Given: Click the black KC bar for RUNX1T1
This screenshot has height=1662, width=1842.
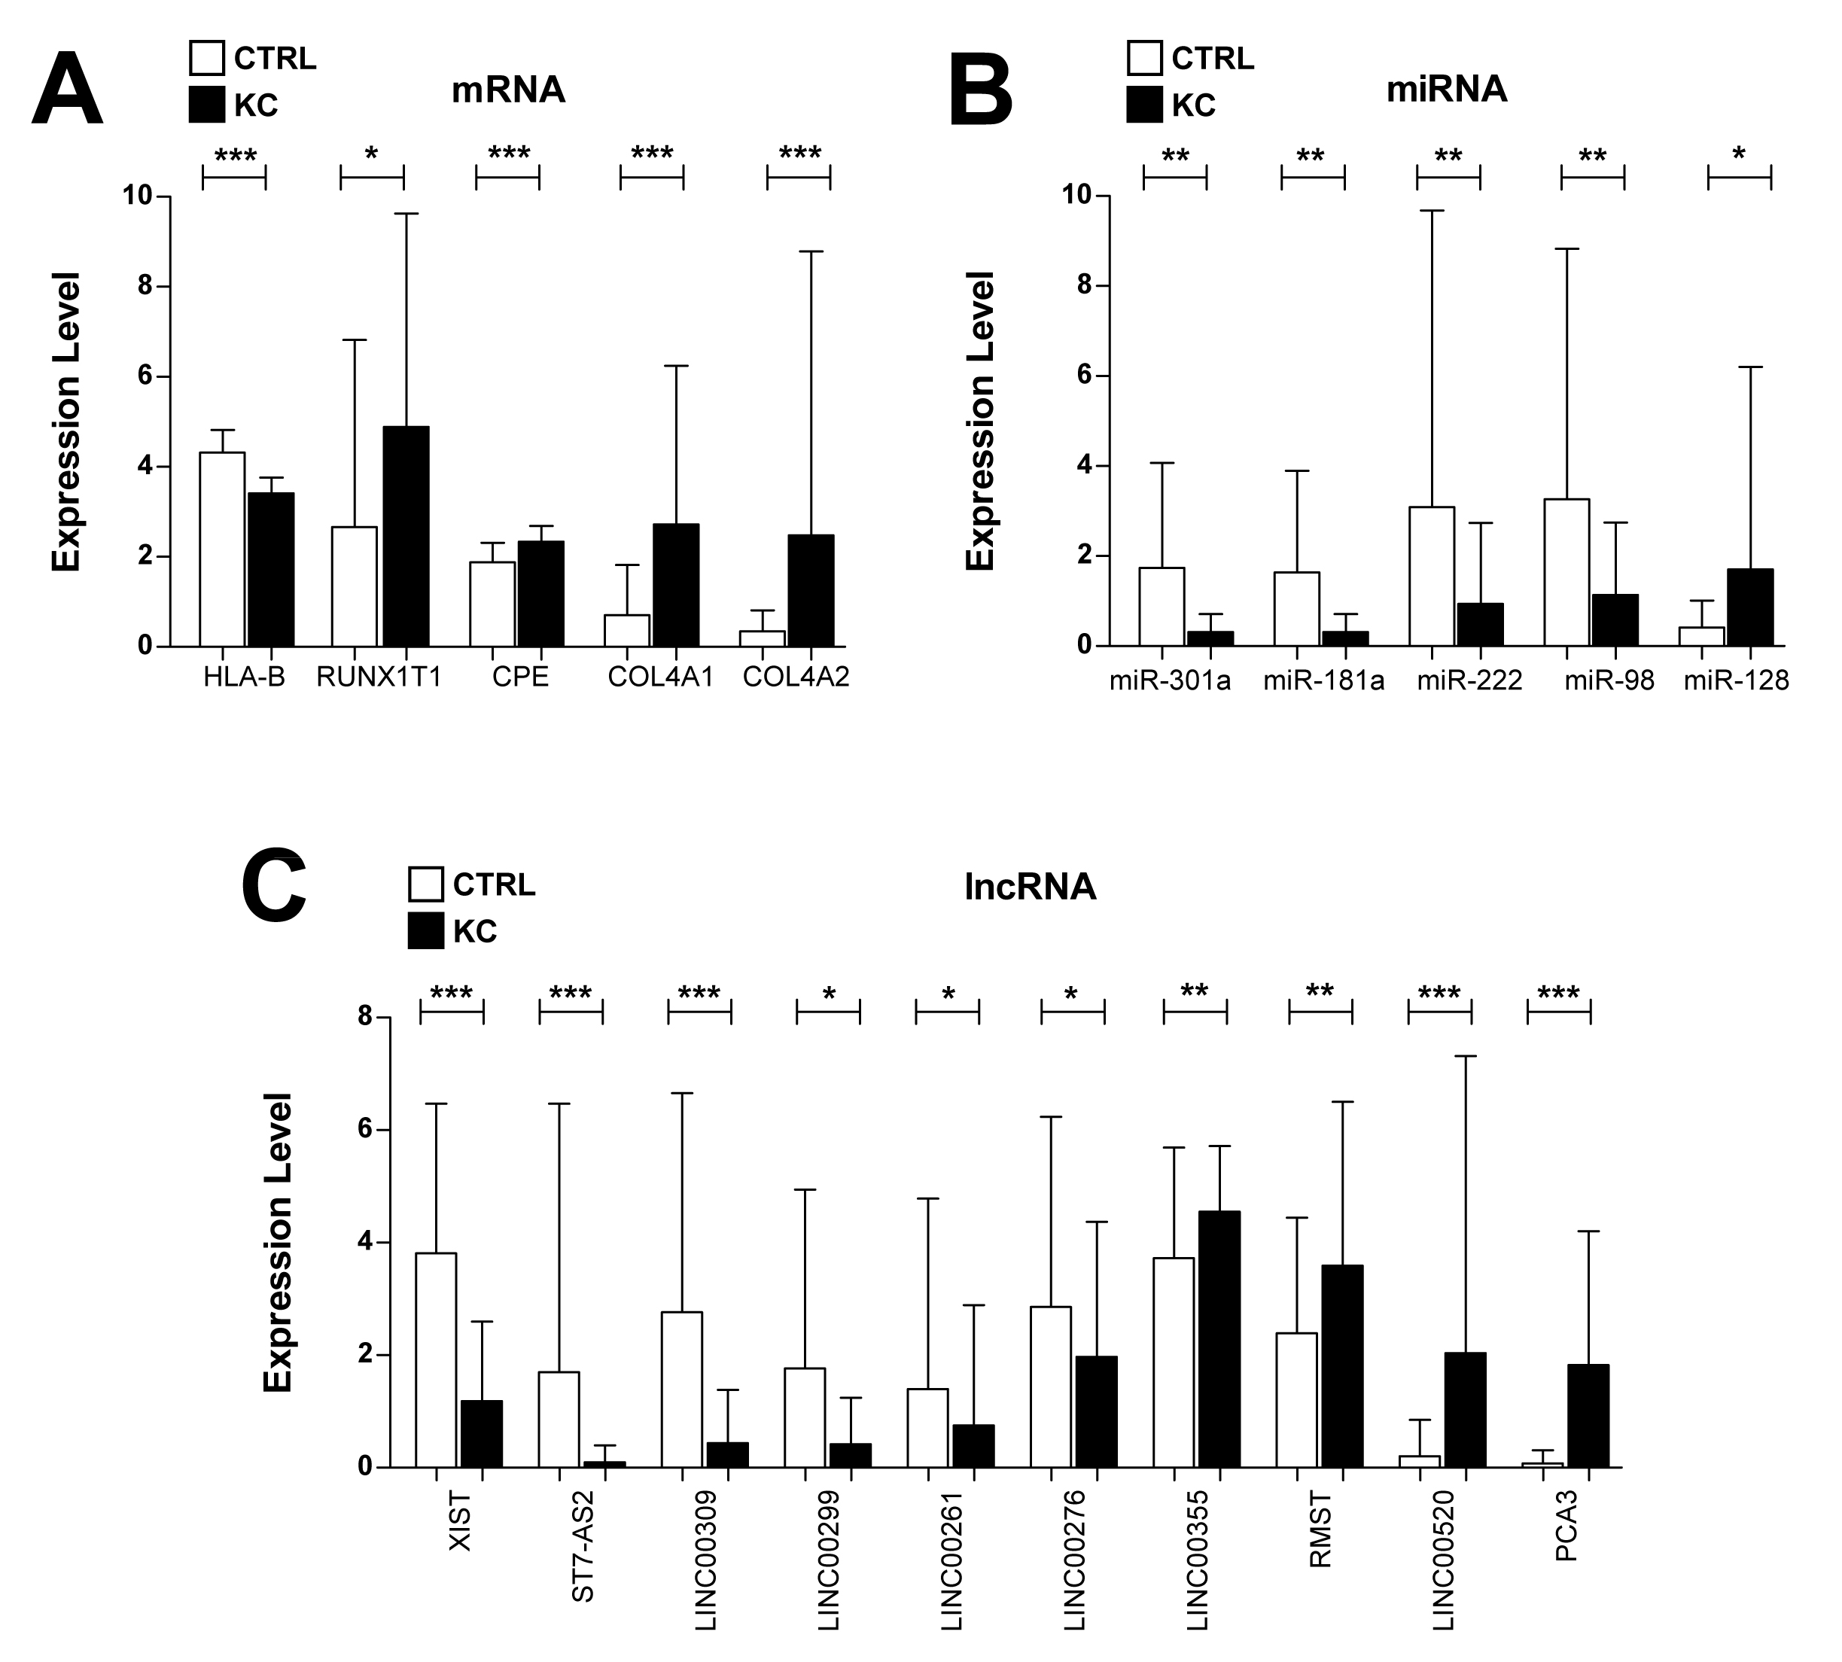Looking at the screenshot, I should [406, 536].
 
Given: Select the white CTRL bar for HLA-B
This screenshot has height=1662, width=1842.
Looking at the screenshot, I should [223, 549].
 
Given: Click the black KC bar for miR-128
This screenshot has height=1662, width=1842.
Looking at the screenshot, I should [1749, 607].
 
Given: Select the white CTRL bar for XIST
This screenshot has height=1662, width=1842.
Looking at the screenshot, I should [436, 1359].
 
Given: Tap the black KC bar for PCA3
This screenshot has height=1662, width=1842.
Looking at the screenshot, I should [1588, 1415].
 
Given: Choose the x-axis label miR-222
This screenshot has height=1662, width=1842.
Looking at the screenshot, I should [1469, 680].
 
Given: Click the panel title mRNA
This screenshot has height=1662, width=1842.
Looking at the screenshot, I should [508, 90].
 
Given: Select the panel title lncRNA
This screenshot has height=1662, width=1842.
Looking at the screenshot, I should [1029, 887].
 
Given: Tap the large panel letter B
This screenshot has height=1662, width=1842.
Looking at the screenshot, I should [981, 93].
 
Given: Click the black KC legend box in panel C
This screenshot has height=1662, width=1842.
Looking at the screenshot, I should [425, 930].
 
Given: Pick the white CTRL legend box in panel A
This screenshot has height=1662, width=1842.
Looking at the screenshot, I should [206, 57].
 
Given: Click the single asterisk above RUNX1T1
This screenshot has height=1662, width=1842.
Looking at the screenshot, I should [371, 154].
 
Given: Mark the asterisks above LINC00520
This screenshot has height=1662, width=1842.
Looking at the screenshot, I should [1439, 993].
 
